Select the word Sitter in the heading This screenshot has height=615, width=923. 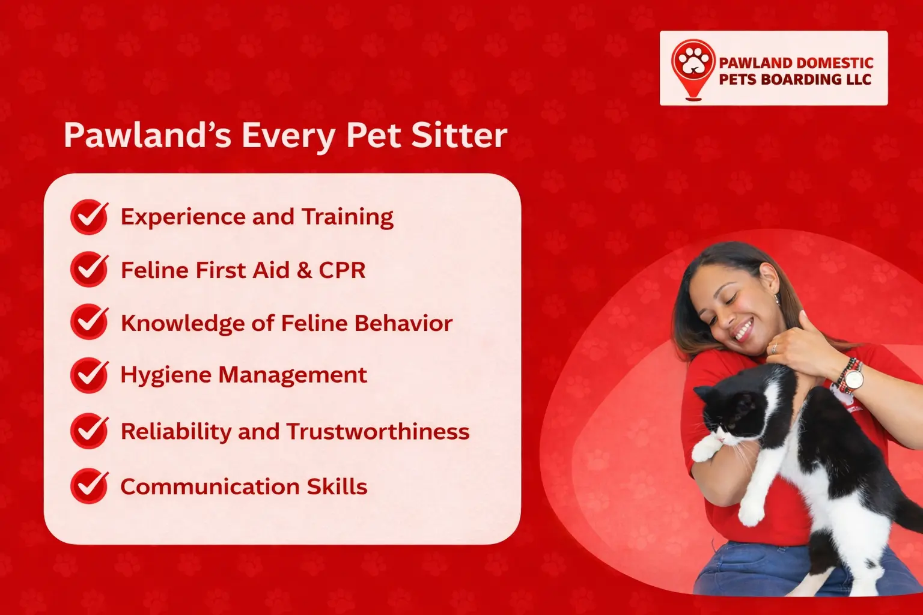[459, 135]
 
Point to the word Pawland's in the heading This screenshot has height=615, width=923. [148, 135]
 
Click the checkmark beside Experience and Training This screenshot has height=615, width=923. [90, 217]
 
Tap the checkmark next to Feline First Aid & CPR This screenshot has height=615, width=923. [90, 269]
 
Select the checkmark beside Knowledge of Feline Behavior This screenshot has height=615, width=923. [90, 322]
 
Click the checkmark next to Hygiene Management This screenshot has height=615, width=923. [90, 375]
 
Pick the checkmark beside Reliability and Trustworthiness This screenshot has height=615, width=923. [90, 431]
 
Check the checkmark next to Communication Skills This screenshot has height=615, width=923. [90, 486]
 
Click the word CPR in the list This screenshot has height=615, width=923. [342, 270]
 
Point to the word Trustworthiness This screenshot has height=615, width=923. [377, 432]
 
